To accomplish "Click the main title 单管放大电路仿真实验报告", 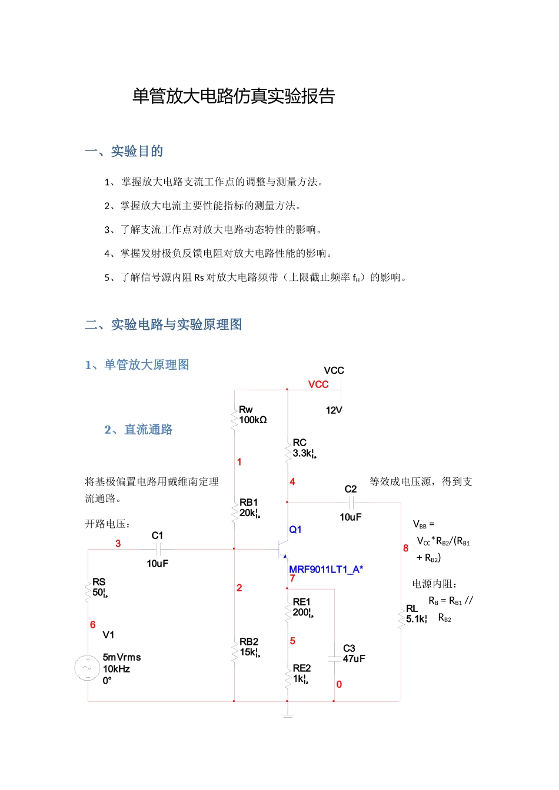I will coord(234,96).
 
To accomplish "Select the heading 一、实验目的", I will coord(124,151).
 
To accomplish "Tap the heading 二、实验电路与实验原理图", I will coord(163,324).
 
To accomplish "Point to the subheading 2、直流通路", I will coord(138,430).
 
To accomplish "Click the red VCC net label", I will coord(318,384).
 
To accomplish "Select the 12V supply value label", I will coord(334,410).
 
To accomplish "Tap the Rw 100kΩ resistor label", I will coord(252,415).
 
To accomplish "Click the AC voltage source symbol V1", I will coord(88,668).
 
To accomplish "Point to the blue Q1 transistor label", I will coord(295,530).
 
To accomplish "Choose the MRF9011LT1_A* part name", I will coord(326,569).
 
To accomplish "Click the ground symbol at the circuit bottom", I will coord(287,715).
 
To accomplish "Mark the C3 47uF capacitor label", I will coord(354,654).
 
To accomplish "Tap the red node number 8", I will coord(405,548).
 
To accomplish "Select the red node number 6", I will coord(92,625).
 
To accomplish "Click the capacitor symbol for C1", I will coord(158,550).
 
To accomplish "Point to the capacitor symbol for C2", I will coord(351,503).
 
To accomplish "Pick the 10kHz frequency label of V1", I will coord(117,669).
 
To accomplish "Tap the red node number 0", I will coord(339,684).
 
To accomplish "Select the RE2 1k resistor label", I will coord(302,674).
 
